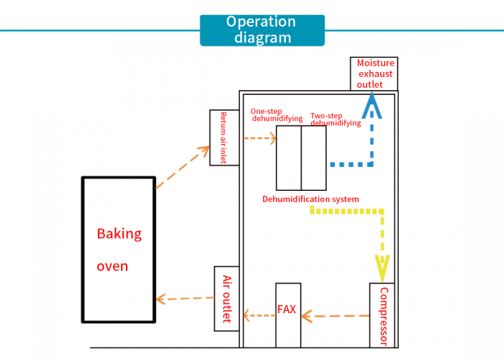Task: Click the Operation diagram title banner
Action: [x=262, y=30]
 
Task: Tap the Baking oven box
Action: [x=118, y=249]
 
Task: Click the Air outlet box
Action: [x=227, y=298]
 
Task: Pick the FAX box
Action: [x=287, y=315]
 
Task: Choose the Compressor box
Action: [x=383, y=315]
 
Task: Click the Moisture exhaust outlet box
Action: [x=374, y=74]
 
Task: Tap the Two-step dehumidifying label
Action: [x=336, y=120]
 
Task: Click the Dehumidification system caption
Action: [x=310, y=199]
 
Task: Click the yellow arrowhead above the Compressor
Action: [x=382, y=269]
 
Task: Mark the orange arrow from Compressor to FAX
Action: [x=335, y=315]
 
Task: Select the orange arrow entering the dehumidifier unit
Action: [x=260, y=138]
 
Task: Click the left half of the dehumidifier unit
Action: [x=289, y=157]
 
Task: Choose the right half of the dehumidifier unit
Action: [x=313, y=157]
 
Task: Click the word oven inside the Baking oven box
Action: [x=112, y=266]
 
